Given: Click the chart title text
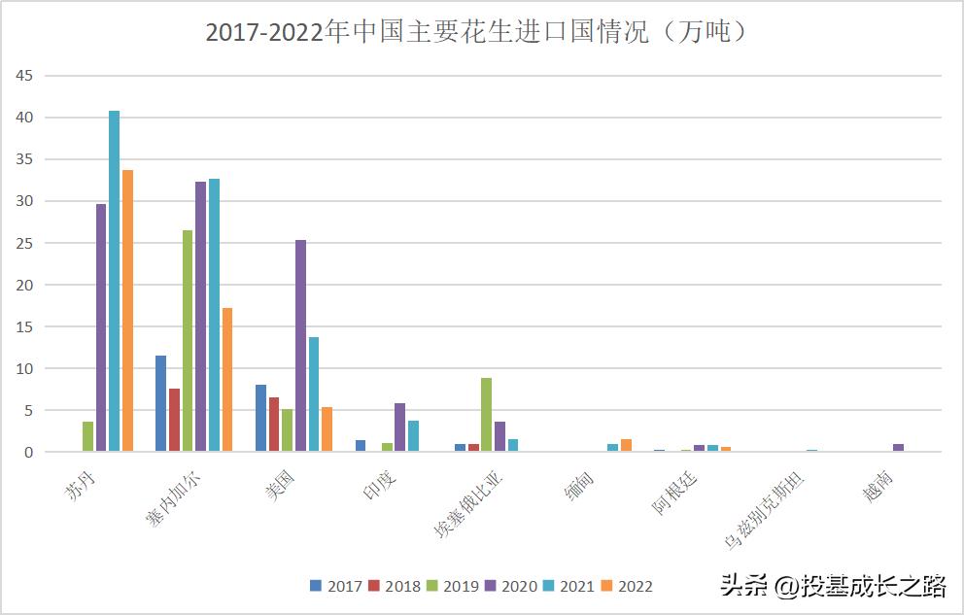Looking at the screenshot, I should pos(477,32).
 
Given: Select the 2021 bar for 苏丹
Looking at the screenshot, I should pos(114,281).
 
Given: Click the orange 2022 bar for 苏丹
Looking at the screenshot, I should pos(127,311).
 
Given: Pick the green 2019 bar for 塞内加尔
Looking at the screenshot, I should pos(188,341).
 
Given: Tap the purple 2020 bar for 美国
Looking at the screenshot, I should pos(300,346).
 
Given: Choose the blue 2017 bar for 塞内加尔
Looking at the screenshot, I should pos(160,403).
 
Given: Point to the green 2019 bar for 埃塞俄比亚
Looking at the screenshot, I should pos(486,415).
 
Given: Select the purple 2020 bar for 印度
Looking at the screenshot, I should pos(399,427).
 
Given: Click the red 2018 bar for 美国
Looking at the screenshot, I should pos(274,425).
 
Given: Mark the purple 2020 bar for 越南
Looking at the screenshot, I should pos(898,448).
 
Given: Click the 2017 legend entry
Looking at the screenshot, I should pos(335,586).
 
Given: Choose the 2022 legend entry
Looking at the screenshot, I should pos(627,586).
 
